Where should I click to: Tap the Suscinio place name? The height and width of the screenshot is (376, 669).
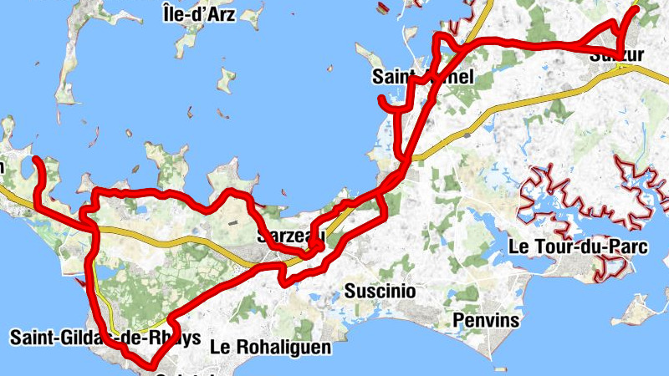click(x=380, y=291)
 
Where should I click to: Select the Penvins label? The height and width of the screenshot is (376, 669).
click(x=486, y=320)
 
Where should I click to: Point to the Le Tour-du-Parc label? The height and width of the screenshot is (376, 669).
click(x=566, y=247)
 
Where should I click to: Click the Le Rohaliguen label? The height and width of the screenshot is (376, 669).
click(x=271, y=346)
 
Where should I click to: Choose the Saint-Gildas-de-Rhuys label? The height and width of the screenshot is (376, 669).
click(x=105, y=338)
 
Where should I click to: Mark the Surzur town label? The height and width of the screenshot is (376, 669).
click(x=617, y=56)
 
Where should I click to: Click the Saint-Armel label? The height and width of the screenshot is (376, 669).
click(x=423, y=78)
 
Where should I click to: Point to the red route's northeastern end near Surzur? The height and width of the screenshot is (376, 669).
click(x=636, y=8)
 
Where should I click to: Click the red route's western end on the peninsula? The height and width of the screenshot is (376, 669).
click(x=36, y=159)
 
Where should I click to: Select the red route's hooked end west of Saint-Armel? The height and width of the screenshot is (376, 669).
click(x=382, y=101)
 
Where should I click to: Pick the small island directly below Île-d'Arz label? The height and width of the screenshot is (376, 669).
click(x=226, y=80)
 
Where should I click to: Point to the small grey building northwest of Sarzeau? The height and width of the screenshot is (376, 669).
click(x=232, y=221)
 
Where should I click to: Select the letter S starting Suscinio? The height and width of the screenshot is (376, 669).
click(x=350, y=291)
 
